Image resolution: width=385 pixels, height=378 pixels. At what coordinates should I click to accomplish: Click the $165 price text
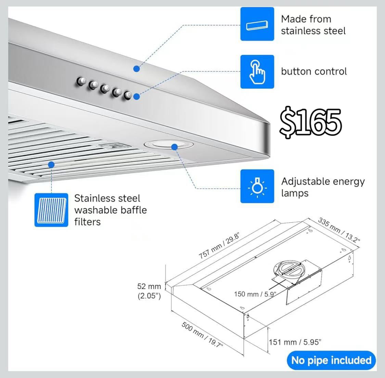311,122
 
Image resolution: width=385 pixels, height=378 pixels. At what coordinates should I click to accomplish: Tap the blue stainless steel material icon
257,24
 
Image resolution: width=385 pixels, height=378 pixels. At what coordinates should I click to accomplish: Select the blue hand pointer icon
257,72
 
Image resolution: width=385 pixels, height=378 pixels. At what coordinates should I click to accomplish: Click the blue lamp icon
257,186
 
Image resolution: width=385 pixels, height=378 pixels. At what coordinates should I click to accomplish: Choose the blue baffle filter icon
51,210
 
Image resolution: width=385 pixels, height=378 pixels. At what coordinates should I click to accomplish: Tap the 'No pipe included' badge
331,360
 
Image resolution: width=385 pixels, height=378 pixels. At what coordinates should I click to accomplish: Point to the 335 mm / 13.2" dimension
339,230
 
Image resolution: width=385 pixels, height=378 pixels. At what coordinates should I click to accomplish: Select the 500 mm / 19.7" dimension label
202,335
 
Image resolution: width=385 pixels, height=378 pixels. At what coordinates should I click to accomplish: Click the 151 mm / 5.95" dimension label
295,342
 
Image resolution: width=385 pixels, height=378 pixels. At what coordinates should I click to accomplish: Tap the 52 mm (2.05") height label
149,291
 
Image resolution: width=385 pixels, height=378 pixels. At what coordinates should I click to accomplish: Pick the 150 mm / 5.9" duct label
255,294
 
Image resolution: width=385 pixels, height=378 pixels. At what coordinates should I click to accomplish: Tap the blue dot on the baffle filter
51,165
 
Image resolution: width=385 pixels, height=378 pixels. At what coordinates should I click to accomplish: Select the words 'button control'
314,71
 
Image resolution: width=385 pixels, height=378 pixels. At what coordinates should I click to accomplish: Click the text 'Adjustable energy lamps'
323,187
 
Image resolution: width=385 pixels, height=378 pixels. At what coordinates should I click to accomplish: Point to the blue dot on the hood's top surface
137,69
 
